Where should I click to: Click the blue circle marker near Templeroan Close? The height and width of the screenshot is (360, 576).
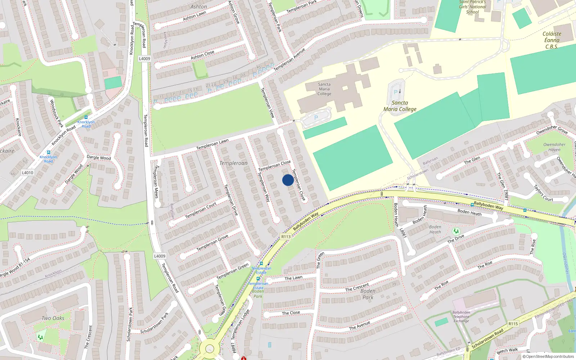pos(288,180)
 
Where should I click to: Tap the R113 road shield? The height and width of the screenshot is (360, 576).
pos(286,237)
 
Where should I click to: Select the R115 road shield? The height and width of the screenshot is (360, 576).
pos(513,324)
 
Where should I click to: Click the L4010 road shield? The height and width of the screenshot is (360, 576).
pos(27,173)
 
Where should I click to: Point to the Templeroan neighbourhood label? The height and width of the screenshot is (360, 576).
pos(233,163)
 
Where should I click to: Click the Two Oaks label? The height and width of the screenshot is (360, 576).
pos(53,318)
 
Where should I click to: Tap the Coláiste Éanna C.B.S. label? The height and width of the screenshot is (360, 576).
pos(552,40)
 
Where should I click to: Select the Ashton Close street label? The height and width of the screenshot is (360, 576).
pos(202,55)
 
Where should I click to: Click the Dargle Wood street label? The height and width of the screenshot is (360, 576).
pos(99,157)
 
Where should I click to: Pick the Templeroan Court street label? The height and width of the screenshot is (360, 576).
pos(201,210)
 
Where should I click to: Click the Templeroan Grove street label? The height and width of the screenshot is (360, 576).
pos(212,243)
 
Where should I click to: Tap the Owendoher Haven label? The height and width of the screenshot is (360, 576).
pos(554,147)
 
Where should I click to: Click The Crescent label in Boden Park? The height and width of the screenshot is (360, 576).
pos(357,287)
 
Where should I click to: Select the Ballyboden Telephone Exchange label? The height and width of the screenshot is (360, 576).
pos(461,316)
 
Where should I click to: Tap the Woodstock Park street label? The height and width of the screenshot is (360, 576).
pos(56,113)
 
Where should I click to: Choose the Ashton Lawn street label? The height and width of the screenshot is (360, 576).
pos(194,16)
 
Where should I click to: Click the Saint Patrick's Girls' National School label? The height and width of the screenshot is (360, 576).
pos(472,7)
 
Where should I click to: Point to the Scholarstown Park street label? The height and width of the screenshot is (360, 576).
pos(130,324)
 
